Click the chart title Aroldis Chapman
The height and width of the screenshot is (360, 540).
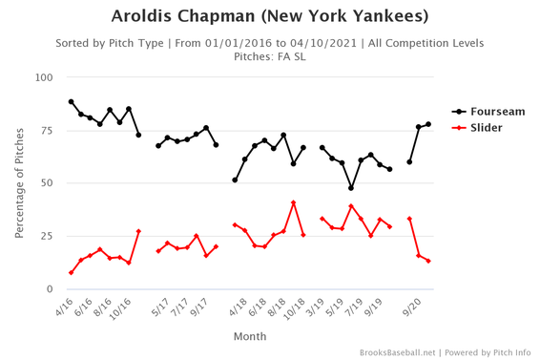tap(270, 16)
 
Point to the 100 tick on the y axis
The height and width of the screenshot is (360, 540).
tap(44, 77)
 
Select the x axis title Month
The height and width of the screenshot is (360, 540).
tap(249, 336)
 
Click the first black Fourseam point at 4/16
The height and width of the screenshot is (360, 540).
tap(72, 102)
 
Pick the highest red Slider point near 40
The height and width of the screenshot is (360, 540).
tap(294, 202)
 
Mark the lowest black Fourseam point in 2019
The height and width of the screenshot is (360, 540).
tap(351, 188)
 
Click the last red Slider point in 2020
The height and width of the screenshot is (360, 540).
tap(428, 261)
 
